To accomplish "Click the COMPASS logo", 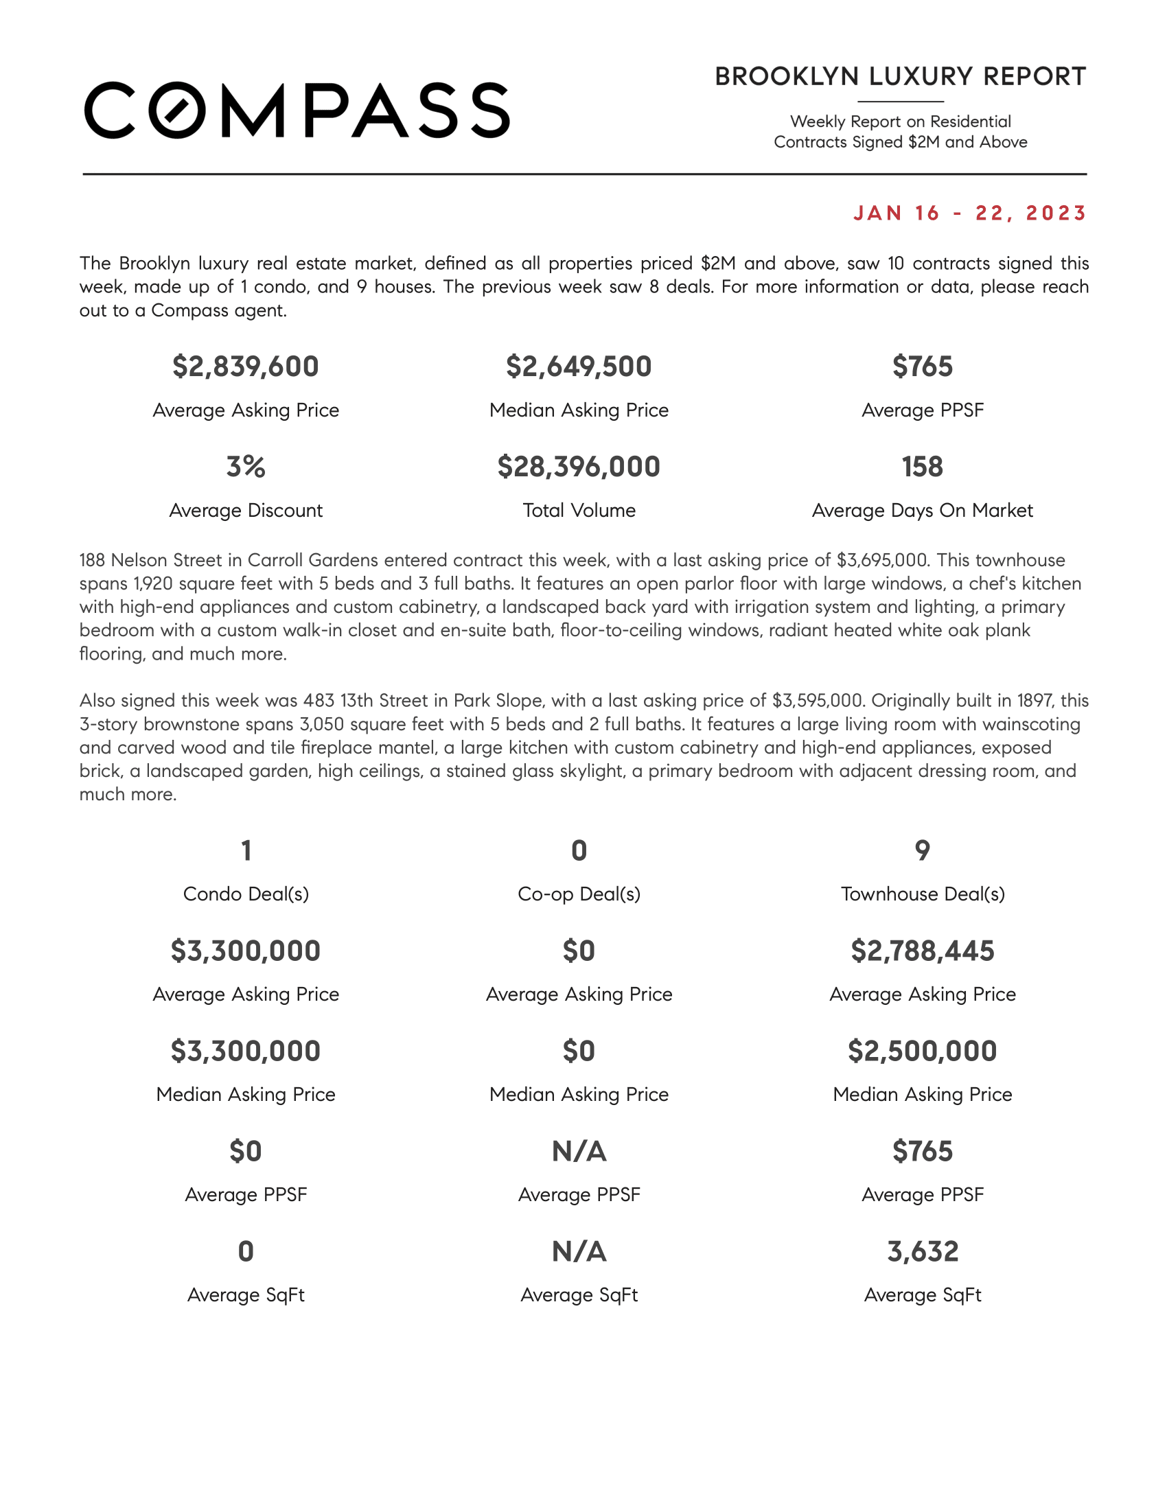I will [x=297, y=111].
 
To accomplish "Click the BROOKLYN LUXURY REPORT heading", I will [x=900, y=77].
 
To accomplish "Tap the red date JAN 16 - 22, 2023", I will [x=969, y=213].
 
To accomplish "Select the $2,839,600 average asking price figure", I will [x=246, y=367].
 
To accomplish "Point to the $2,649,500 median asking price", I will [x=579, y=367].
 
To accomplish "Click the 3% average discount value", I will [x=246, y=467].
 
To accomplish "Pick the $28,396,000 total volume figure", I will [x=579, y=467].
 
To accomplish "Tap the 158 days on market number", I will [x=922, y=467].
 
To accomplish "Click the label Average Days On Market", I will [x=922, y=510].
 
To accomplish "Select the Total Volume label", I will [x=579, y=510].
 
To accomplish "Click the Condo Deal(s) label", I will [x=246, y=894].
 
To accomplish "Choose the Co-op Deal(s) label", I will [x=579, y=894].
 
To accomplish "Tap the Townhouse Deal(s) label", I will [x=922, y=894].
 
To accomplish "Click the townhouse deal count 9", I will [x=922, y=850].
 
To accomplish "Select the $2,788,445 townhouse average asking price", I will [x=922, y=951].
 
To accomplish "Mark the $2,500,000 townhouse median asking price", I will [x=922, y=1051].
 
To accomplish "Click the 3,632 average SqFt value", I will [x=922, y=1251].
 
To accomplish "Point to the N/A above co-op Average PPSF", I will [x=579, y=1151].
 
